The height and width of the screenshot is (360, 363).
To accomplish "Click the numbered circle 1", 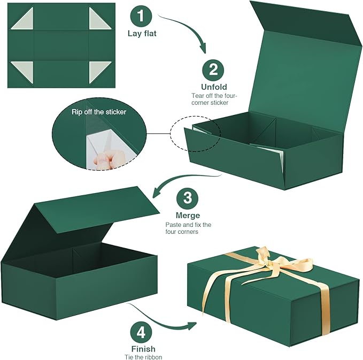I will pos(141,16).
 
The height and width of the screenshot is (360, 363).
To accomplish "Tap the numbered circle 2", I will pos(213,70).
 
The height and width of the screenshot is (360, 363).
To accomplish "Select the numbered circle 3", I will pos(187,198).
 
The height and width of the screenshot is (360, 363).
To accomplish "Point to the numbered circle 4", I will pos(141,332).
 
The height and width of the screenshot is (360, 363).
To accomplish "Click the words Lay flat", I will pos(141,33).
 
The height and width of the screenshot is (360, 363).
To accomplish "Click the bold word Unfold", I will pos(214,87).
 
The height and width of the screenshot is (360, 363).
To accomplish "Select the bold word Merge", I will pos(188,215).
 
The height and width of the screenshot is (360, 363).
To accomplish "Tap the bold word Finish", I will pos(141,348).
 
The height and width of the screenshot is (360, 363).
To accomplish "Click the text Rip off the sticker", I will pos(99,112).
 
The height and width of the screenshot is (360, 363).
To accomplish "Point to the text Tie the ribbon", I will pos(141,357).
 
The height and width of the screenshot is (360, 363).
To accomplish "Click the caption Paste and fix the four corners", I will pos(188,228).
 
